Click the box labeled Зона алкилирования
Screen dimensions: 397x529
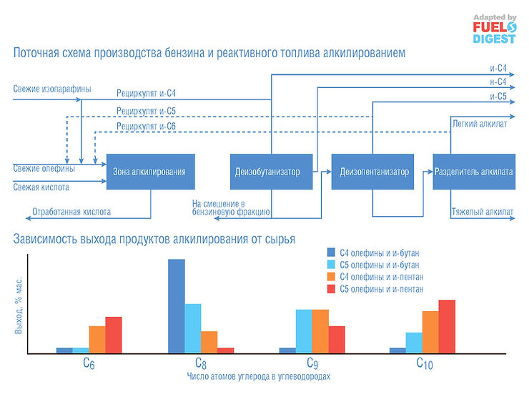tap(149, 172)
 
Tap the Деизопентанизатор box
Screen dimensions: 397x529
tap(374, 172)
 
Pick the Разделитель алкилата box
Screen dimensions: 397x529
tap(474, 172)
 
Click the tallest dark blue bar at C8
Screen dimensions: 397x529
tap(176, 305)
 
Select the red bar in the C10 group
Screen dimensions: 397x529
tap(447, 325)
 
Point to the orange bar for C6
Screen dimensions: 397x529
tap(97, 339)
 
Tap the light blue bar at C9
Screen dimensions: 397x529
tap(304, 330)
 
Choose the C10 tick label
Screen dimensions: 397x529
tap(425, 363)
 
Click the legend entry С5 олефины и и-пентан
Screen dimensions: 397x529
tap(379, 289)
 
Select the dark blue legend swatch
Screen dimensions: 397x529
tap(330, 252)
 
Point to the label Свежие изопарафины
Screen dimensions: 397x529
tap(52, 89)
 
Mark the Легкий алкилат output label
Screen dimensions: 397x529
tap(480, 124)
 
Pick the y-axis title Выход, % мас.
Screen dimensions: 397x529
tap(19, 305)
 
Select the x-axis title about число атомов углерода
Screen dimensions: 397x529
tap(258, 376)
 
